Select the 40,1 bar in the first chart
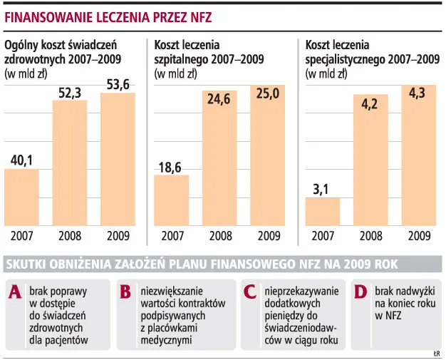22,197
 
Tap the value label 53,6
118,82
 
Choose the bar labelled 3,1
322,211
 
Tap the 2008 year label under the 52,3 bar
70,235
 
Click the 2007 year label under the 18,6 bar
172,235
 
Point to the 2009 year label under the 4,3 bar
418,235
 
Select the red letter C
249,292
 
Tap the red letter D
360,292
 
